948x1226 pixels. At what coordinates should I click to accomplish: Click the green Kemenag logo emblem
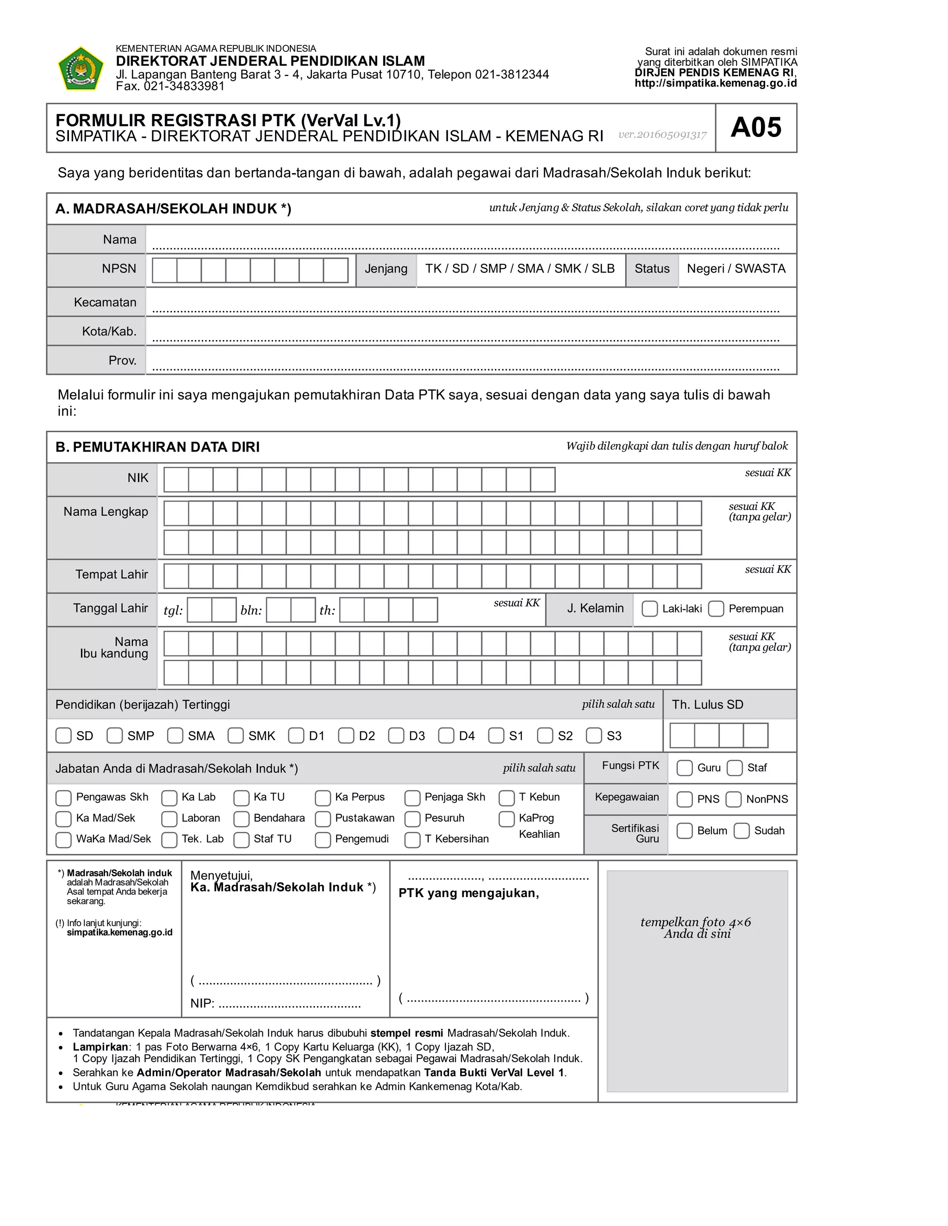click(x=81, y=68)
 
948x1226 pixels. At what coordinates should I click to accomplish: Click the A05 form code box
click(x=755, y=127)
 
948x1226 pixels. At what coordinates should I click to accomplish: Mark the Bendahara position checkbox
click(x=242, y=818)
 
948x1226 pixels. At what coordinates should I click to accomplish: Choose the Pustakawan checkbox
click(x=323, y=818)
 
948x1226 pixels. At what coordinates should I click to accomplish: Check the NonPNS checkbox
click(x=734, y=799)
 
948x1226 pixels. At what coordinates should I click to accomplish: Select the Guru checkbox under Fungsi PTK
click(x=685, y=768)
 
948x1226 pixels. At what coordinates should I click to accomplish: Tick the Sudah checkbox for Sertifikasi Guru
click(x=742, y=831)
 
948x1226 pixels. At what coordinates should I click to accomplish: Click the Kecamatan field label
click(x=105, y=302)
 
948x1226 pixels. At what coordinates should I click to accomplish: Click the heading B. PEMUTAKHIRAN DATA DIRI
click(x=157, y=447)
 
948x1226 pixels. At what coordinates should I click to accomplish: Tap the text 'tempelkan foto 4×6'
click(x=695, y=923)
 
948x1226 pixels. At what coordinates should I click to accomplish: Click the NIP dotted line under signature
click(x=289, y=1004)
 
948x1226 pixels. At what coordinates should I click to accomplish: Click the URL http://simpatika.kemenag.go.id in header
click(x=716, y=83)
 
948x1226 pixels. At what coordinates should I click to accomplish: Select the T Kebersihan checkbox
click(x=413, y=840)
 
